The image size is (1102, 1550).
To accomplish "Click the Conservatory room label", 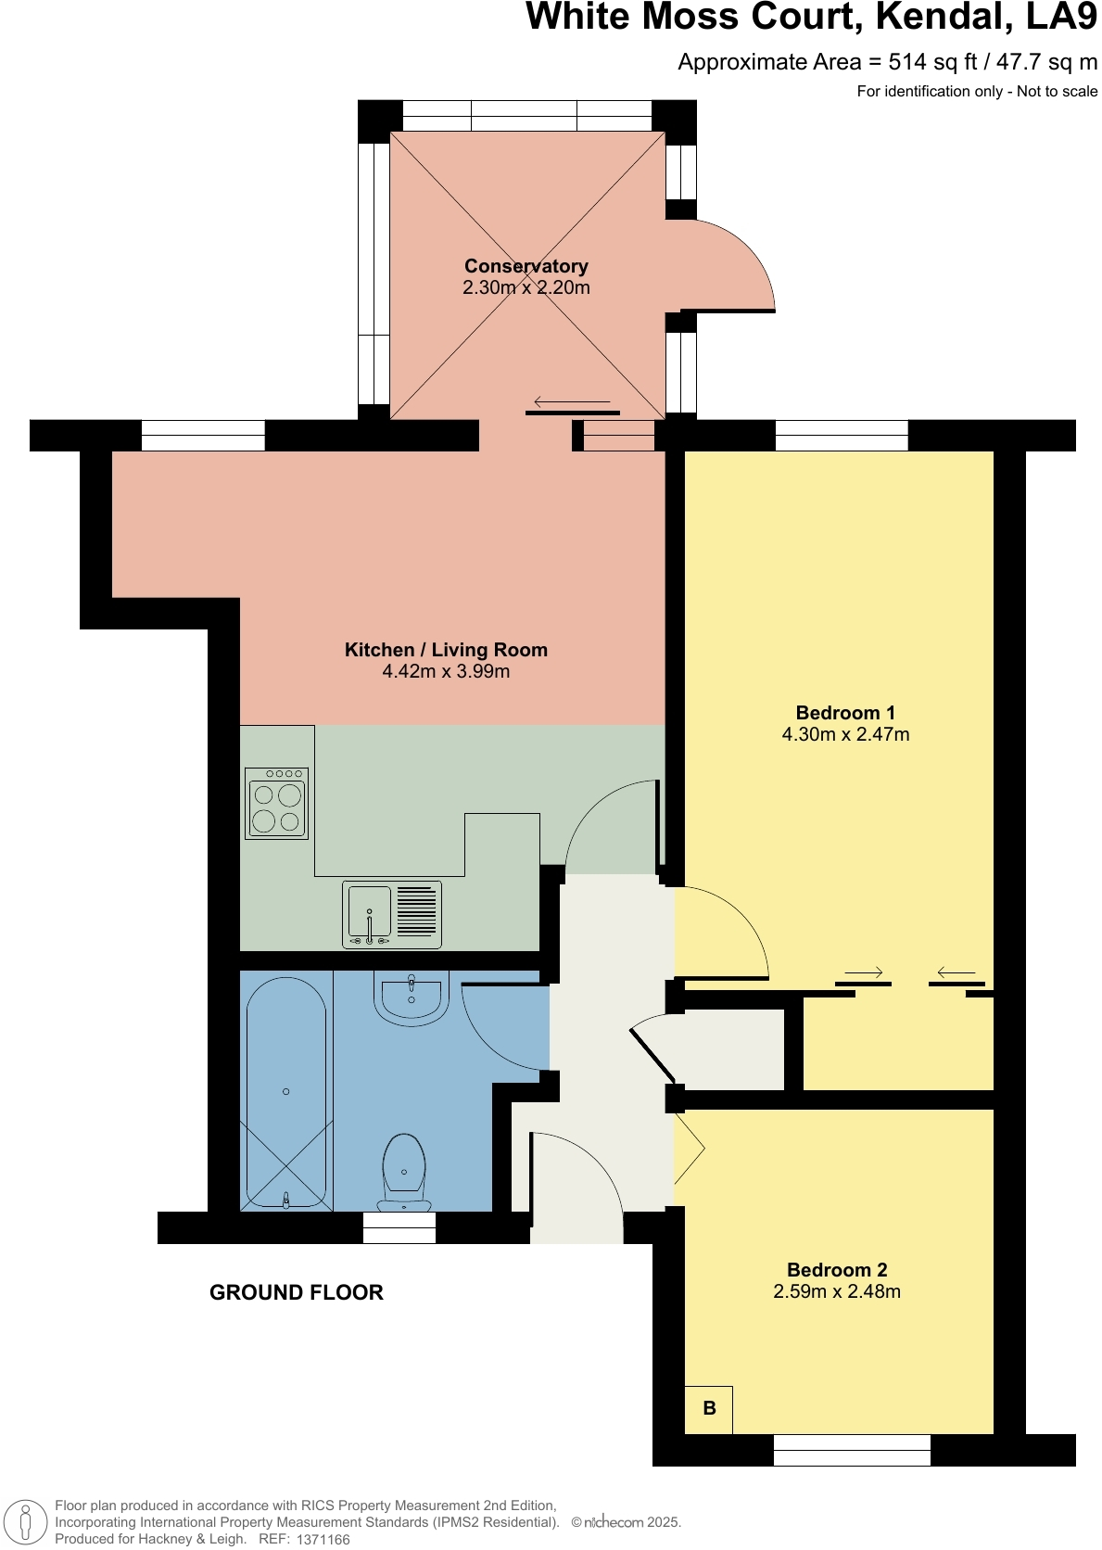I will tap(526, 267).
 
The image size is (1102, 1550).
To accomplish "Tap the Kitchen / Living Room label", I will tap(446, 650).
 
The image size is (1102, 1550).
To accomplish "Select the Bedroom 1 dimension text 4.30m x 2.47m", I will tap(845, 735).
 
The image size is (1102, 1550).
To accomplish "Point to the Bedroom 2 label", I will tap(837, 1270).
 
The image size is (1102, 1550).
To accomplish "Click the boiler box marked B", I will tap(709, 1409).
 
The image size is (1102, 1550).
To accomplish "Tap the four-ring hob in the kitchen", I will tap(277, 804).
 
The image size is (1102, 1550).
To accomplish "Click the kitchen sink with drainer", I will tap(391, 915).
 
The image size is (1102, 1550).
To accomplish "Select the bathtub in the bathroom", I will tap(285, 1091).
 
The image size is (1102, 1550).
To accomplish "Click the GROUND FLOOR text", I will tap(297, 1292).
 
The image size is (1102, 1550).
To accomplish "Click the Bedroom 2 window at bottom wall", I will tap(851, 1450).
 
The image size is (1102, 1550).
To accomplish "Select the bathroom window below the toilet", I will tap(399, 1227).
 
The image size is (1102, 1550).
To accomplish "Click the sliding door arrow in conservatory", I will tap(571, 401).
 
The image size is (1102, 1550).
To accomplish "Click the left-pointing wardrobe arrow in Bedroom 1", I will tap(956, 972).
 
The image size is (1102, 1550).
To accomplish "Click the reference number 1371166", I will tap(323, 1539).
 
